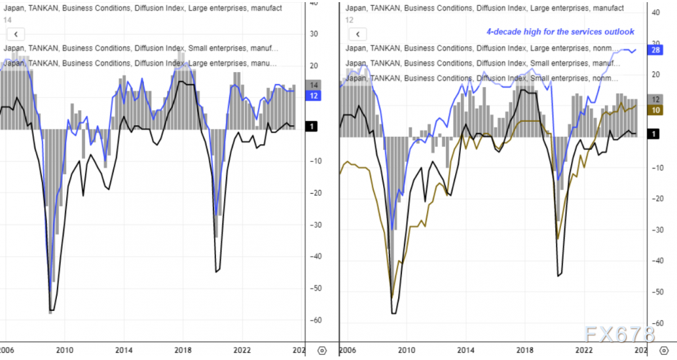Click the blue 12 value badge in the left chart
pyautogui.click(x=314, y=96)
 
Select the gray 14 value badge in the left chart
pyautogui.click(x=314, y=85)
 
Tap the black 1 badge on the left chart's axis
pyautogui.click(x=311, y=127)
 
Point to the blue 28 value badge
pyautogui.click(x=656, y=50)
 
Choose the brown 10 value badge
pyautogui.click(x=656, y=109)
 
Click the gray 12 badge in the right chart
pyautogui.click(x=656, y=99)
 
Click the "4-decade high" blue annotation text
pyautogui.click(x=560, y=32)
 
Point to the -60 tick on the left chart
pyautogui.click(x=315, y=320)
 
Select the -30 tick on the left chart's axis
pyautogui.click(x=315, y=225)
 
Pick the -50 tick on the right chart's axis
pyautogui.click(x=656, y=292)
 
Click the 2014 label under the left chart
pyautogui.click(x=123, y=349)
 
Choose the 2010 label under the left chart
pyautogui.click(x=64, y=349)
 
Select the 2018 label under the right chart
pyautogui.click(x=523, y=349)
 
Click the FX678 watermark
pyautogui.click(x=619, y=335)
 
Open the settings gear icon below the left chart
pyautogui.click(x=321, y=350)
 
